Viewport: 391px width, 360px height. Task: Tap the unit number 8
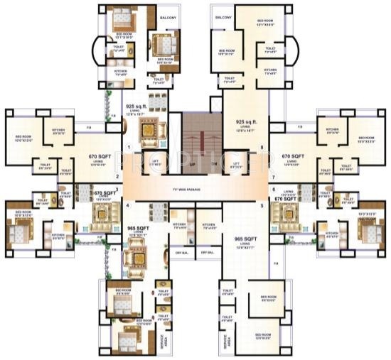262,147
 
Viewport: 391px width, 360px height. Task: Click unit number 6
273,190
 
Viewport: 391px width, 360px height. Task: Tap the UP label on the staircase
191,163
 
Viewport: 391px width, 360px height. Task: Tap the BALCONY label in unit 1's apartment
168,16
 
